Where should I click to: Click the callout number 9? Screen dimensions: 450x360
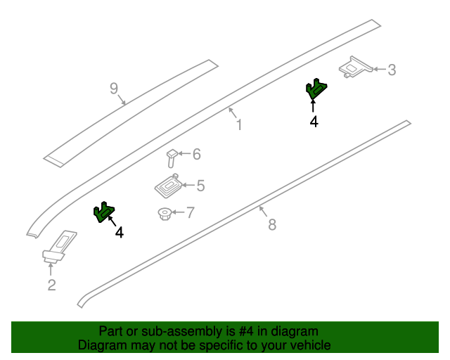(114, 89)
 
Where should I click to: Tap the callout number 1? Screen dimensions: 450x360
(239, 125)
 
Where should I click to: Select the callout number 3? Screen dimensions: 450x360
(392, 70)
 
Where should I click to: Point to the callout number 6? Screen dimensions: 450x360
(197, 154)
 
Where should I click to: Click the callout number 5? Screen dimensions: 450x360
(200, 186)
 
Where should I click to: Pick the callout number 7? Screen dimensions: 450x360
(191, 213)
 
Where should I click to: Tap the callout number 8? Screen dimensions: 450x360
(272, 224)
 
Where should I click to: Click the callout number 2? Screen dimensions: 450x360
(51, 285)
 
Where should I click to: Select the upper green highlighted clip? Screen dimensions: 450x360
(316, 89)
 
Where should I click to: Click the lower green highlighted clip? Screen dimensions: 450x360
(104, 212)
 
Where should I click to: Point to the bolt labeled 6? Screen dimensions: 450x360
(172, 158)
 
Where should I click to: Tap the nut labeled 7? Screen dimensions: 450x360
(165, 214)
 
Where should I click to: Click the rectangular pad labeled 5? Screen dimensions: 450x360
(169, 186)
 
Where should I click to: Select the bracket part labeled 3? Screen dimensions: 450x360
(356, 67)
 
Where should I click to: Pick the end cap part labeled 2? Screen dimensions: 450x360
(59, 246)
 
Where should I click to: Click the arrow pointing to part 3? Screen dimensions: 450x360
(380, 69)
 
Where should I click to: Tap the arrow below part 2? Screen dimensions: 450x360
(51, 269)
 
